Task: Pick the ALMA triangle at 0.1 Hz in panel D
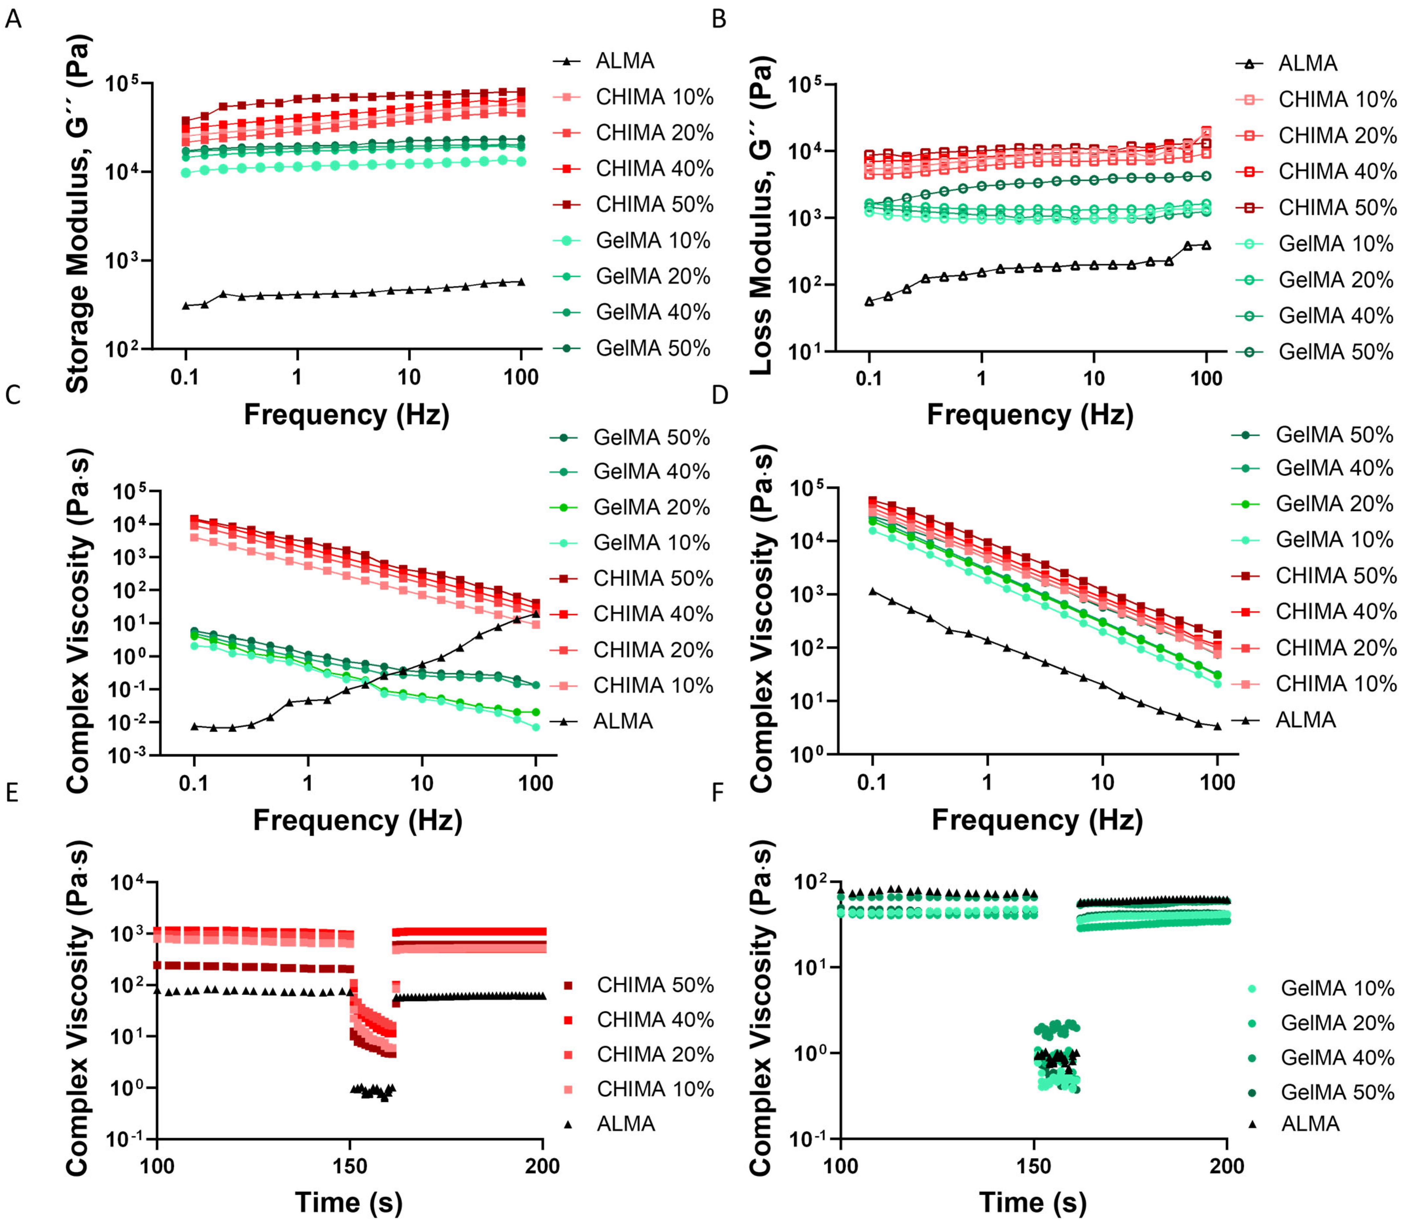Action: pos(872,590)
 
